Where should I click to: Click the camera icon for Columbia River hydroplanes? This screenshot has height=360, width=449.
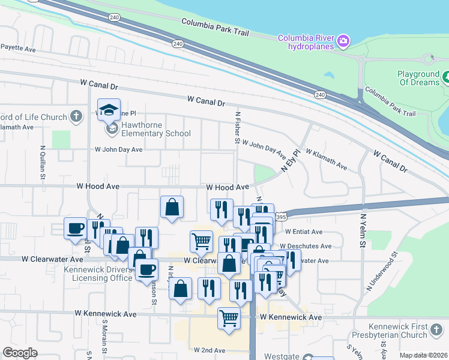click(343, 41)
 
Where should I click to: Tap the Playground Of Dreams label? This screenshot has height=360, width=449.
click(418, 78)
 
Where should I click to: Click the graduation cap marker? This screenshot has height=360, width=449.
click(109, 109)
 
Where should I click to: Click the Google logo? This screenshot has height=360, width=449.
click(20, 353)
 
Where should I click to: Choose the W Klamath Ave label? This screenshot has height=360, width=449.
click(326, 158)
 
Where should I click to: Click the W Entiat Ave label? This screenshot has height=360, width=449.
click(304, 232)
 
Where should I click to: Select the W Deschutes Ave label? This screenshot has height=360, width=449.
click(309, 246)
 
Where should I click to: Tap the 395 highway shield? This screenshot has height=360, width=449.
click(281, 215)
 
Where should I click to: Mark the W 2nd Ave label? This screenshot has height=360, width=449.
click(209, 350)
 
